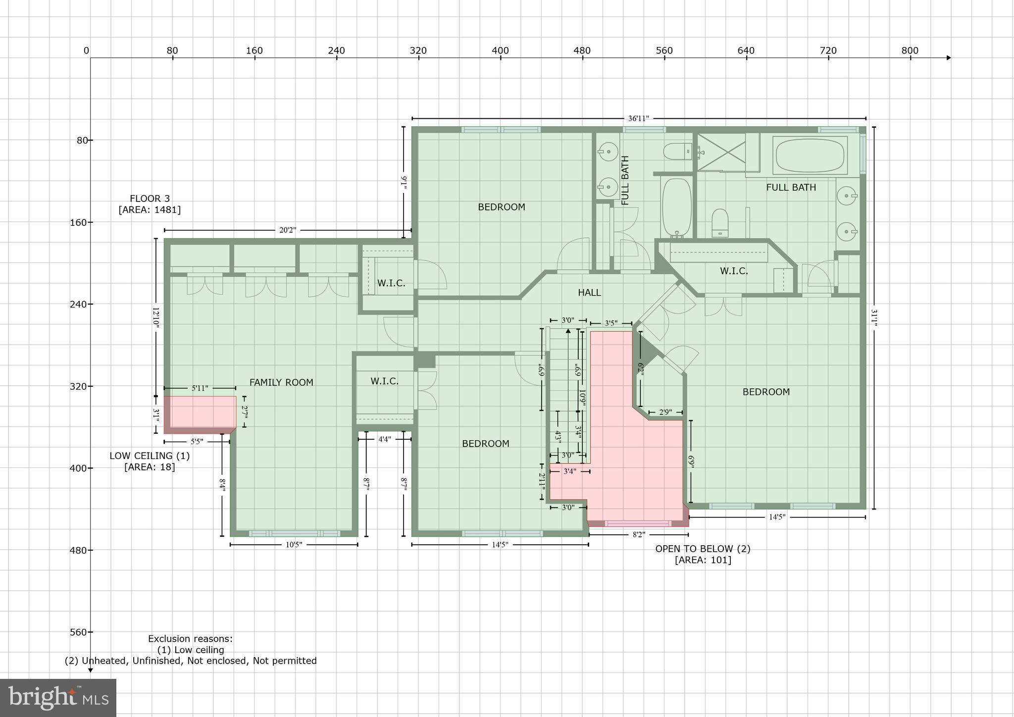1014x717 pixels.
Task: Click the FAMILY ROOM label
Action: click(x=281, y=382)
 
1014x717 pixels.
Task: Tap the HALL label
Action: click(x=589, y=293)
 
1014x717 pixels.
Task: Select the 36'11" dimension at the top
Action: click(x=638, y=118)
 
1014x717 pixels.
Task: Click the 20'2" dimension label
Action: click(x=288, y=230)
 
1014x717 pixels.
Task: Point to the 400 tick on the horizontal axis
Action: click(x=500, y=51)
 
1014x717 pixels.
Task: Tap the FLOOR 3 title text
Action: click(x=150, y=199)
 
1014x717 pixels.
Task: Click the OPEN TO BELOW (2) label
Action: click(x=703, y=549)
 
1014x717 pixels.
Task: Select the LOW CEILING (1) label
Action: click(x=150, y=456)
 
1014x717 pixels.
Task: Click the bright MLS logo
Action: click(x=58, y=698)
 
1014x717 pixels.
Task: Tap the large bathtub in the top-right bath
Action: click(x=810, y=155)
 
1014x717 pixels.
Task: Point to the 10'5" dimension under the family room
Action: click(x=294, y=545)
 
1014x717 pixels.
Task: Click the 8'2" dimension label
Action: click(x=639, y=535)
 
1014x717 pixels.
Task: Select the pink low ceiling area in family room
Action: click(x=200, y=412)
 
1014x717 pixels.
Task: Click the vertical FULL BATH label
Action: click(x=625, y=180)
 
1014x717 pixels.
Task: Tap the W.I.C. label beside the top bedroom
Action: click(x=391, y=283)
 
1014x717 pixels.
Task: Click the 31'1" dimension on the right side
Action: click(x=874, y=318)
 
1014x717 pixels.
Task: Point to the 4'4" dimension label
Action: click(x=385, y=439)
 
